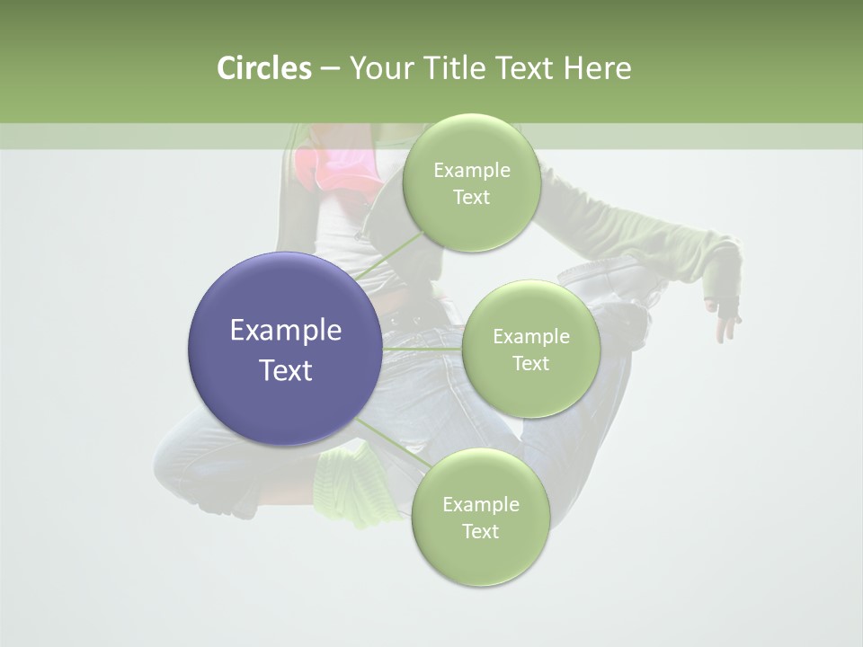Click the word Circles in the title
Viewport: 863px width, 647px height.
[x=263, y=68]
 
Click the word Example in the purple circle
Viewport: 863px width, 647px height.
[x=286, y=331]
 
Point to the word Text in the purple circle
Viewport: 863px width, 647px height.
[x=286, y=370]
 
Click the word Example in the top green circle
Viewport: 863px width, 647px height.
[x=471, y=171]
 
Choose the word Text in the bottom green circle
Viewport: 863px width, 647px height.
[x=480, y=531]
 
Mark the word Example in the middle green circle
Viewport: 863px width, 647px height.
[x=530, y=337]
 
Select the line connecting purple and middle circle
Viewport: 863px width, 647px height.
[x=423, y=349]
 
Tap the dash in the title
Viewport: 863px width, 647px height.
[x=330, y=68]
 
